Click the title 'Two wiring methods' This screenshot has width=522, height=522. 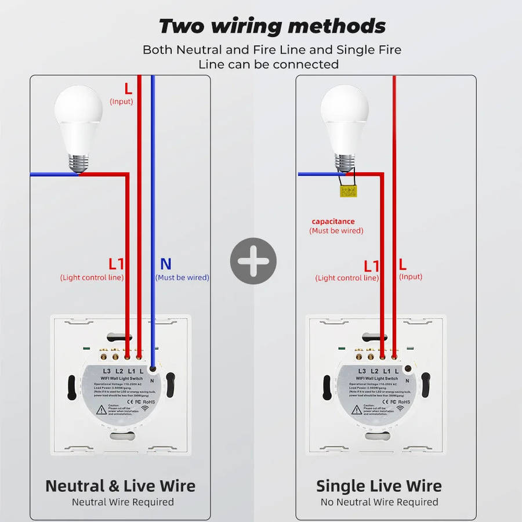[272, 26]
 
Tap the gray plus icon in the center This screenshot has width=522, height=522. [253, 260]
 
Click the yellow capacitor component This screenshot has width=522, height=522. [348, 191]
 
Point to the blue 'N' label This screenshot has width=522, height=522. [165, 264]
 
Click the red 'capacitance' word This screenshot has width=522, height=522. [333, 222]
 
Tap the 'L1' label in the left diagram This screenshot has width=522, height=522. [116, 264]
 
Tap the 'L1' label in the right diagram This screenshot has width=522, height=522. [371, 266]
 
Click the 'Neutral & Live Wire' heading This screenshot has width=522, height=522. [121, 486]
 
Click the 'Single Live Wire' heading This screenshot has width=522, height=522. [379, 486]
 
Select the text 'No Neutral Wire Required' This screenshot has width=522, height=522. [379, 502]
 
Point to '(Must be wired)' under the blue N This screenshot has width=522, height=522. [182, 278]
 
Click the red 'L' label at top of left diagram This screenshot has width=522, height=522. [128, 89]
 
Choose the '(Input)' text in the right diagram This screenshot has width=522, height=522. [411, 277]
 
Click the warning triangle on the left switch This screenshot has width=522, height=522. [101, 410]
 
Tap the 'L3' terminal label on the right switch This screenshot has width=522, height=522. [361, 371]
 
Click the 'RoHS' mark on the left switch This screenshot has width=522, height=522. [148, 401]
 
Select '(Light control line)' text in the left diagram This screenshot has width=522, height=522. [92, 278]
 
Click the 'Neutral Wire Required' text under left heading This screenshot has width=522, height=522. [122, 502]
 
